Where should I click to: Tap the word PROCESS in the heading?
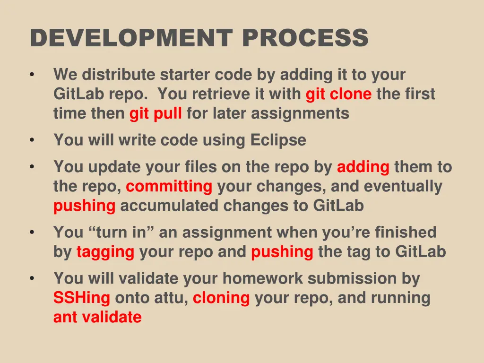click(x=305, y=38)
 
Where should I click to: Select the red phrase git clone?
click(x=338, y=95)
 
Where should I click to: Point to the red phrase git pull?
click(x=156, y=114)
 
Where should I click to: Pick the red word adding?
click(x=363, y=167)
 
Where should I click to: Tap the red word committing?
click(x=169, y=187)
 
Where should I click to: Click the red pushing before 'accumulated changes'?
click(x=84, y=206)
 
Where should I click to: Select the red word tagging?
click(x=105, y=252)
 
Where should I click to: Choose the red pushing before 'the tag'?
click(x=282, y=252)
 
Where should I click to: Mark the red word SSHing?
click(x=82, y=298)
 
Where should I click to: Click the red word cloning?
click(x=221, y=298)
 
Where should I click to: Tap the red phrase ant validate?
click(x=97, y=317)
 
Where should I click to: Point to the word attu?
click(x=173, y=298)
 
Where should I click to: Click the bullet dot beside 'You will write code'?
click(x=31, y=141)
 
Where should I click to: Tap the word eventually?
click(x=403, y=187)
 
